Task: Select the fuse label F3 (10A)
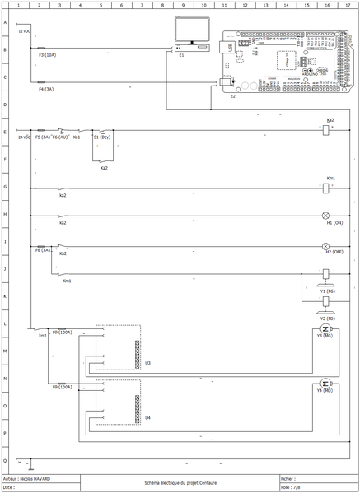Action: point(47,54)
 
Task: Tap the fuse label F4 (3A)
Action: point(45,88)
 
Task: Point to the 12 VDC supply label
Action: point(25,32)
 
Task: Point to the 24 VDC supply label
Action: point(25,137)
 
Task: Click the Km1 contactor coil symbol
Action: point(325,188)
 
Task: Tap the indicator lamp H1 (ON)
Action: point(325,216)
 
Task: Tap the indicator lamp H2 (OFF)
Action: point(325,246)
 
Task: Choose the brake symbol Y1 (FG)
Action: point(326,275)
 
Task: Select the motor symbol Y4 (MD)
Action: point(325,383)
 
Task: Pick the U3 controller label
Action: point(147,362)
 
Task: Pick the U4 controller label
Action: point(147,417)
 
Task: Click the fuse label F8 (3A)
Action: point(43,249)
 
